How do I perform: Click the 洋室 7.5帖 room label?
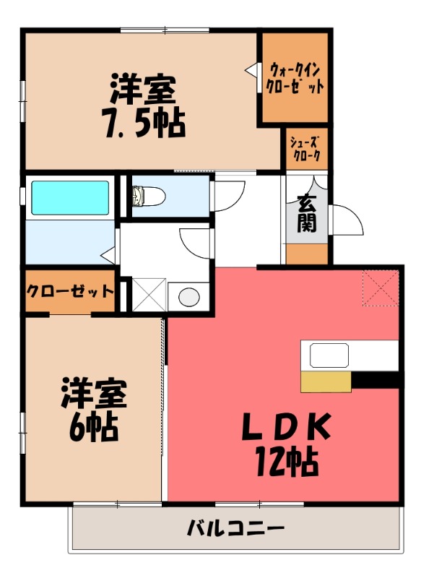pyautogui.click(x=145, y=105)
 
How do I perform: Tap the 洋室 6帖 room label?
pyautogui.click(x=94, y=409)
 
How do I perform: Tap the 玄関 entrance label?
pyautogui.click(x=307, y=213)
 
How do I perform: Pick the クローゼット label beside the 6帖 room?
pyautogui.click(x=70, y=291)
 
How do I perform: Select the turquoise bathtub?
pyautogui.click(x=70, y=197)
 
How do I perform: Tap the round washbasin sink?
pyautogui.click(x=189, y=296)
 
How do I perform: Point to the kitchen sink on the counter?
pyautogui.click(x=329, y=355)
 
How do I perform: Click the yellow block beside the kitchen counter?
pyautogui.click(x=326, y=382)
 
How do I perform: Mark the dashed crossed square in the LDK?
pyautogui.click(x=381, y=288)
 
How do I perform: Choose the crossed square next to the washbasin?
pyautogui.click(x=149, y=295)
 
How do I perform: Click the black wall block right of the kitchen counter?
pyautogui.click(x=376, y=380)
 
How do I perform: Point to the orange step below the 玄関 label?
pyautogui.click(x=307, y=254)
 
